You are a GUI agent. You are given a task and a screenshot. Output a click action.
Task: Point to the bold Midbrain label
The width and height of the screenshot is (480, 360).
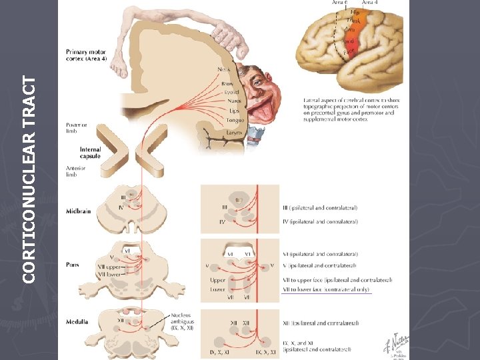(x=79, y=211)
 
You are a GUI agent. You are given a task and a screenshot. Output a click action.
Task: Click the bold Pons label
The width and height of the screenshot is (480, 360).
(x=72, y=265)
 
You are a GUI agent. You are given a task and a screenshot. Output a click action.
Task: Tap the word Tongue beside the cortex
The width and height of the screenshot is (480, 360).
(x=235, y=121)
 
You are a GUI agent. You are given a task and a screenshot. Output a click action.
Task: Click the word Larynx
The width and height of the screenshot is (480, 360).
(x=235, y=133)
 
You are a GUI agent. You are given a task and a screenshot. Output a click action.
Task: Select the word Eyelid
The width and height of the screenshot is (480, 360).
(x=232, y=93)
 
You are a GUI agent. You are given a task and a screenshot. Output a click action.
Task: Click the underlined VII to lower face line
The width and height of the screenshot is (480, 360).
(x=327, y=289)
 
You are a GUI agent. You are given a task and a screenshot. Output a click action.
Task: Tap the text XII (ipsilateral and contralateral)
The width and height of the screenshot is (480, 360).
(x=321, y=323)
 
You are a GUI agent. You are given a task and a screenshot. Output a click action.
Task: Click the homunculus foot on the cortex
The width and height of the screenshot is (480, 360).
(x=119, y=63)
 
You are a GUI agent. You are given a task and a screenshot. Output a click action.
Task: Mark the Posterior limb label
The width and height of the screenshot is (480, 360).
(x=76, y=129)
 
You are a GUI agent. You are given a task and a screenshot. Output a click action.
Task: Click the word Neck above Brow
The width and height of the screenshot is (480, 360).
(x=225, y=69)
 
